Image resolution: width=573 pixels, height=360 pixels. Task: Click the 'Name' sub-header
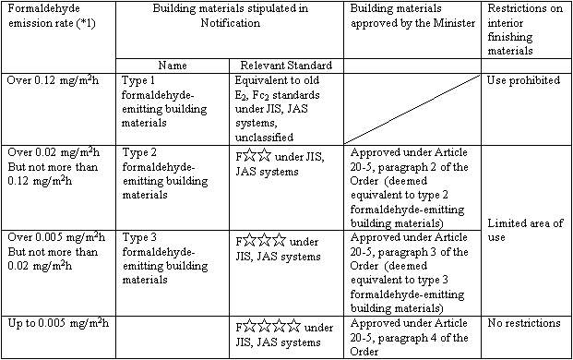coord(173,66)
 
